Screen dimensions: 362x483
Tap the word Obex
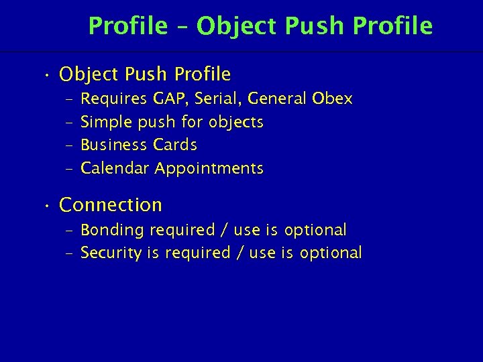click(332, 99)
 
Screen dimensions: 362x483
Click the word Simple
click(106, 122)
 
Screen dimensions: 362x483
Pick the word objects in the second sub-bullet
click(236, 122)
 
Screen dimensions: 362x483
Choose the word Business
click(114, 145)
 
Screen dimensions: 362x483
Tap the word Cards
click(175, 145)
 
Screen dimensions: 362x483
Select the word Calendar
click(115, 168)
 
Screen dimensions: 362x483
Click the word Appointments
click(209, 168)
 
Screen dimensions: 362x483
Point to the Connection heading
click(111, 204)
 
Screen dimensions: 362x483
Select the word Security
click(111, 253)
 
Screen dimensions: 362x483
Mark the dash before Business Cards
click(70, 145)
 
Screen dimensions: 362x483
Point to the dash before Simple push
click(70, 123)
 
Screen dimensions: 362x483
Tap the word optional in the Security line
click(331, 253)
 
